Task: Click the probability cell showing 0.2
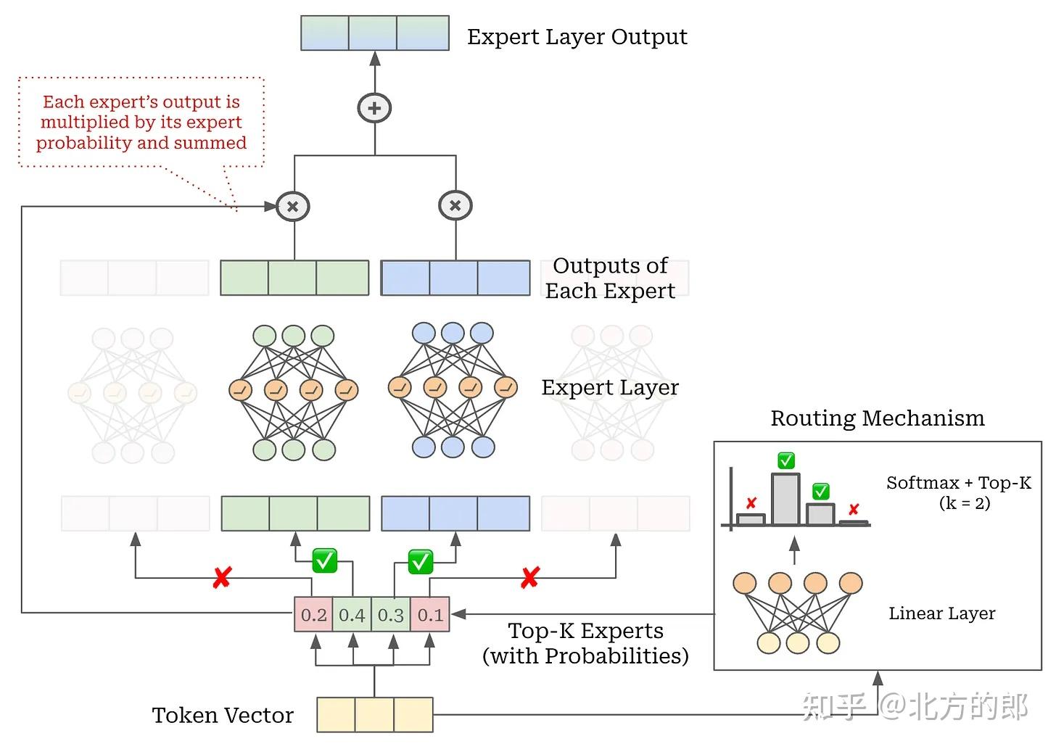tap(313, 615)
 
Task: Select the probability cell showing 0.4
tap(352, 615)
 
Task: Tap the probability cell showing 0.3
tap(391, 615)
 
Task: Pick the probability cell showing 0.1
tap(430, 615)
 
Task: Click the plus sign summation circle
tap(374, 108)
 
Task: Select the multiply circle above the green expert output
tap(293, 206)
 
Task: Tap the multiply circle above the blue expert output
tap(455, 205)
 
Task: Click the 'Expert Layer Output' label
tap(577, 36)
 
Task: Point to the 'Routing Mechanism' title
tap(877, 418)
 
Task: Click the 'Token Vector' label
tap(223, 716)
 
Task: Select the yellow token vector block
tap(374, 715)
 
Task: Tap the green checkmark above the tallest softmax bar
tap(785, 460)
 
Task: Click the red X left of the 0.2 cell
tap(222, 578)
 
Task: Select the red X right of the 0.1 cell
tap(530, 578)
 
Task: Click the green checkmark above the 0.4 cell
tap(324, 560)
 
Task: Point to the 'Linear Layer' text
tap(941, 613)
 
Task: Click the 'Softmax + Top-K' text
tap(958, 483)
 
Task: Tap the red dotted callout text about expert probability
tap(141, 122)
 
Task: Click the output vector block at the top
tap(374, 33)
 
